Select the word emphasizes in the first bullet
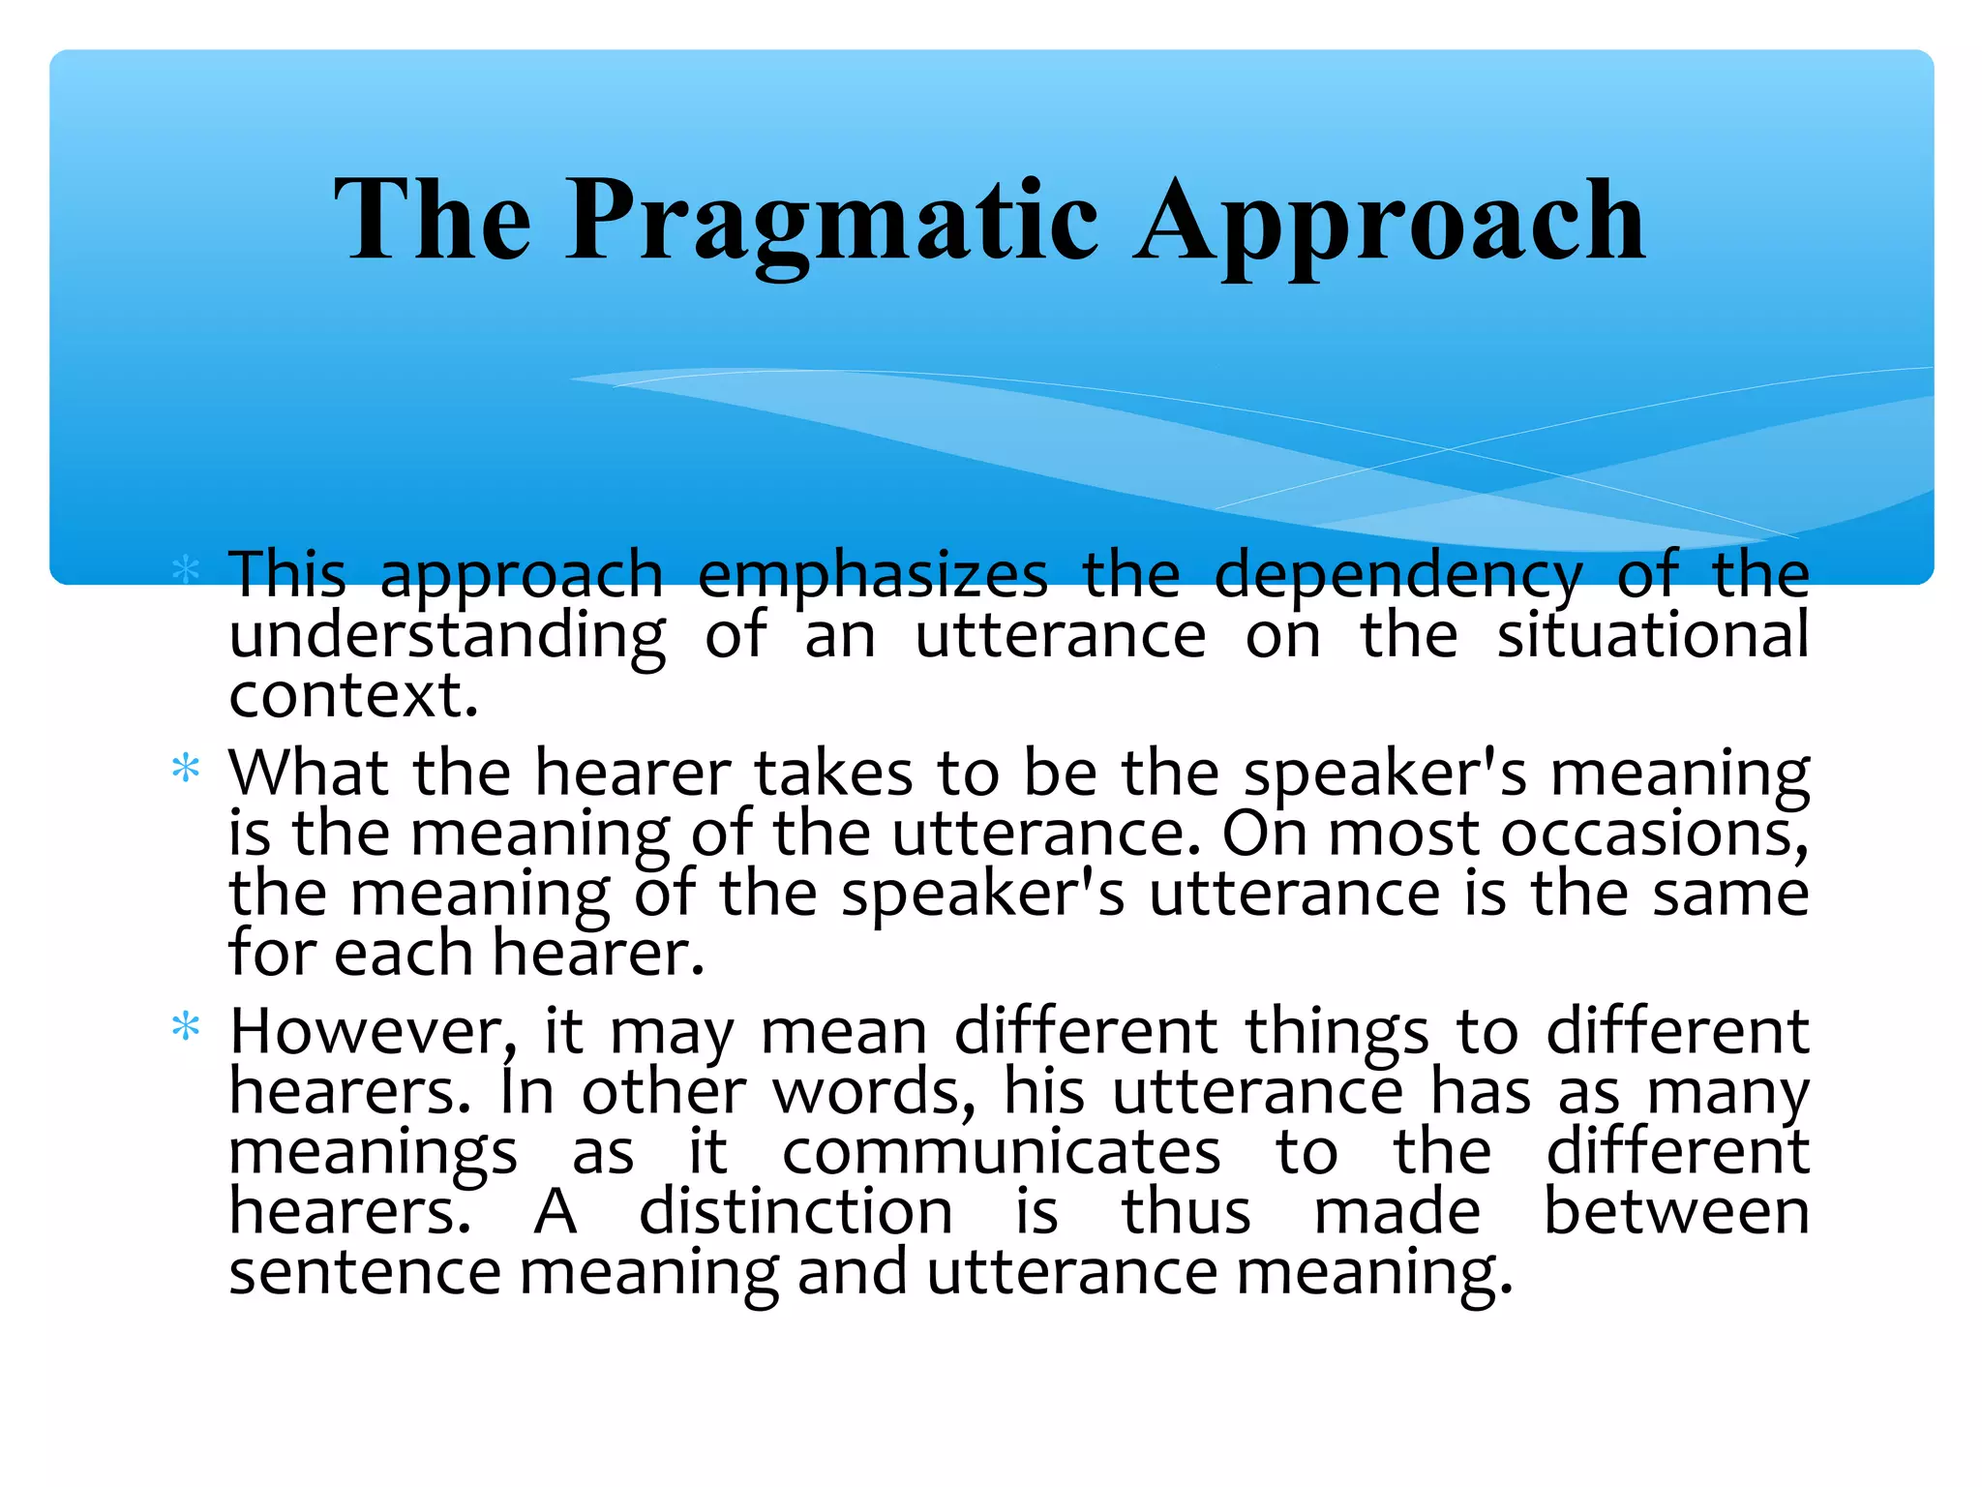click(872, 576)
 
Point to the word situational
click(1653, 635)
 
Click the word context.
click(353, 695)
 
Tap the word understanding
click(447, 637)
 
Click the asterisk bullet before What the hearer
click(185, 771)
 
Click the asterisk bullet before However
click(185, 1027)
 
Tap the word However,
click(374, 1032)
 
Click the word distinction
click(796, 1211)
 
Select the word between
click(1675, 1211)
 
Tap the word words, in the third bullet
click(874, 1092)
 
